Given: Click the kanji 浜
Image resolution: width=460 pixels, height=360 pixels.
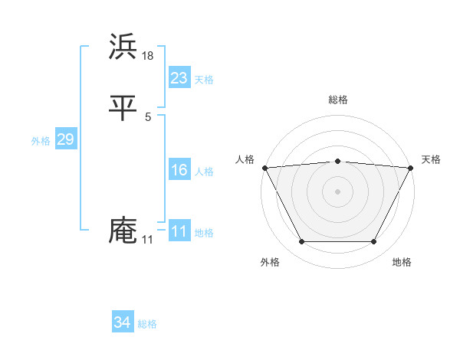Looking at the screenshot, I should point(123,47).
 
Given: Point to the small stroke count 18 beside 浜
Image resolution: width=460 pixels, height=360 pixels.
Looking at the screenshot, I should point(149,55).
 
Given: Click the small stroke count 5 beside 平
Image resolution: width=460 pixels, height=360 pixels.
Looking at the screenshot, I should point(148,117).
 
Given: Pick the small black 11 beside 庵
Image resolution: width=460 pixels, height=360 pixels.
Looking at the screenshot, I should point(148,240).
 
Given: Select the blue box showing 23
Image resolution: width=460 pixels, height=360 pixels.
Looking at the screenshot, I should point(179,77).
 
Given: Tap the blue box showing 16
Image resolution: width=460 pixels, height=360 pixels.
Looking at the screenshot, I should point(179,170).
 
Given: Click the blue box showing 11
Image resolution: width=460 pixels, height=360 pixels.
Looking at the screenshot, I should point(179,231).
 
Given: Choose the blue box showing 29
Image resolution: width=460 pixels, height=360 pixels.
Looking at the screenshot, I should point(65,139).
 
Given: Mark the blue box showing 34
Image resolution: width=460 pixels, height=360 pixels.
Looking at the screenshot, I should point(122,322).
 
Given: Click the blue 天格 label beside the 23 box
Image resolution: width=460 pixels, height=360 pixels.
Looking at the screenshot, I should point(204,80).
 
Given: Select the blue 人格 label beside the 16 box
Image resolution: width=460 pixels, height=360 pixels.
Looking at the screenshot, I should point(204,172).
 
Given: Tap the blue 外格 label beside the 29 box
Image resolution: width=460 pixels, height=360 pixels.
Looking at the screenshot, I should point(41,141).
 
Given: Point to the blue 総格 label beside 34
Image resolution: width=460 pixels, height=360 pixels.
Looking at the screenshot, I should point(147,325).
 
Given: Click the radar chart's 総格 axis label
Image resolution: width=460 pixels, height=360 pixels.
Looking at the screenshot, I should point(337,100).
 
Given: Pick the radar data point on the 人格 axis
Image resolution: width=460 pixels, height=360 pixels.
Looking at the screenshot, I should point(264,167).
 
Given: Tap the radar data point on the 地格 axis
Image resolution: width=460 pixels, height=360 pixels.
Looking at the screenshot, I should point(374,242).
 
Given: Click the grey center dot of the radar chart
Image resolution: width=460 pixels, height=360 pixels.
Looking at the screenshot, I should point(337,191).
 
